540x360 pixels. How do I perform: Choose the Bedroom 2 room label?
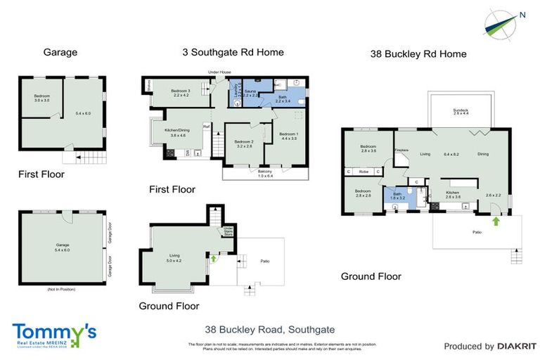(244, 144)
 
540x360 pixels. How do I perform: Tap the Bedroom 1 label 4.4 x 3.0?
(289, 136)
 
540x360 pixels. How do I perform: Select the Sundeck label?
(461, 111)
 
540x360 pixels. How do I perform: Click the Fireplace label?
(401, 150)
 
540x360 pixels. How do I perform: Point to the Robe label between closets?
(364, 171)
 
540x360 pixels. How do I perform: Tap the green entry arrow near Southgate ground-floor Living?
(212, 258)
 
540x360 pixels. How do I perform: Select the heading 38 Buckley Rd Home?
(418, 54)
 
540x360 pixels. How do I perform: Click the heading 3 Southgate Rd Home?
(233, 52)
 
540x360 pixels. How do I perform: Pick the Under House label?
(219, 72)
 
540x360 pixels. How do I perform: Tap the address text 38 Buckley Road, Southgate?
(269, 329)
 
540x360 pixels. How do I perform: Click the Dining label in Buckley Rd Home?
(483, 153)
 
